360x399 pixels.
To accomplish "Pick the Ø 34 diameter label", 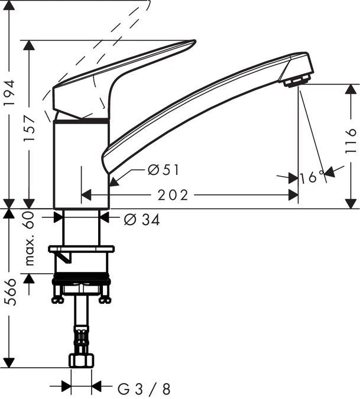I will tap(142, 220).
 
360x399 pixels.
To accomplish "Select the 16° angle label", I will tap(312, 177).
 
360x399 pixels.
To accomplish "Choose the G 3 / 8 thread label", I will tap(144, 388).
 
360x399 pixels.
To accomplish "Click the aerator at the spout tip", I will tap(298, 80).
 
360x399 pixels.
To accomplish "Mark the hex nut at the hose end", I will tap(81, 360).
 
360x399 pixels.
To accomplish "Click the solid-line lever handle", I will tap(118, 77).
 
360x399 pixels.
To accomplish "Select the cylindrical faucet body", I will tap(81, 166).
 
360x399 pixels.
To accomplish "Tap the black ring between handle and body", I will tap(81, 120).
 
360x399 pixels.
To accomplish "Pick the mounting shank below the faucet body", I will tap(81, 228).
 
